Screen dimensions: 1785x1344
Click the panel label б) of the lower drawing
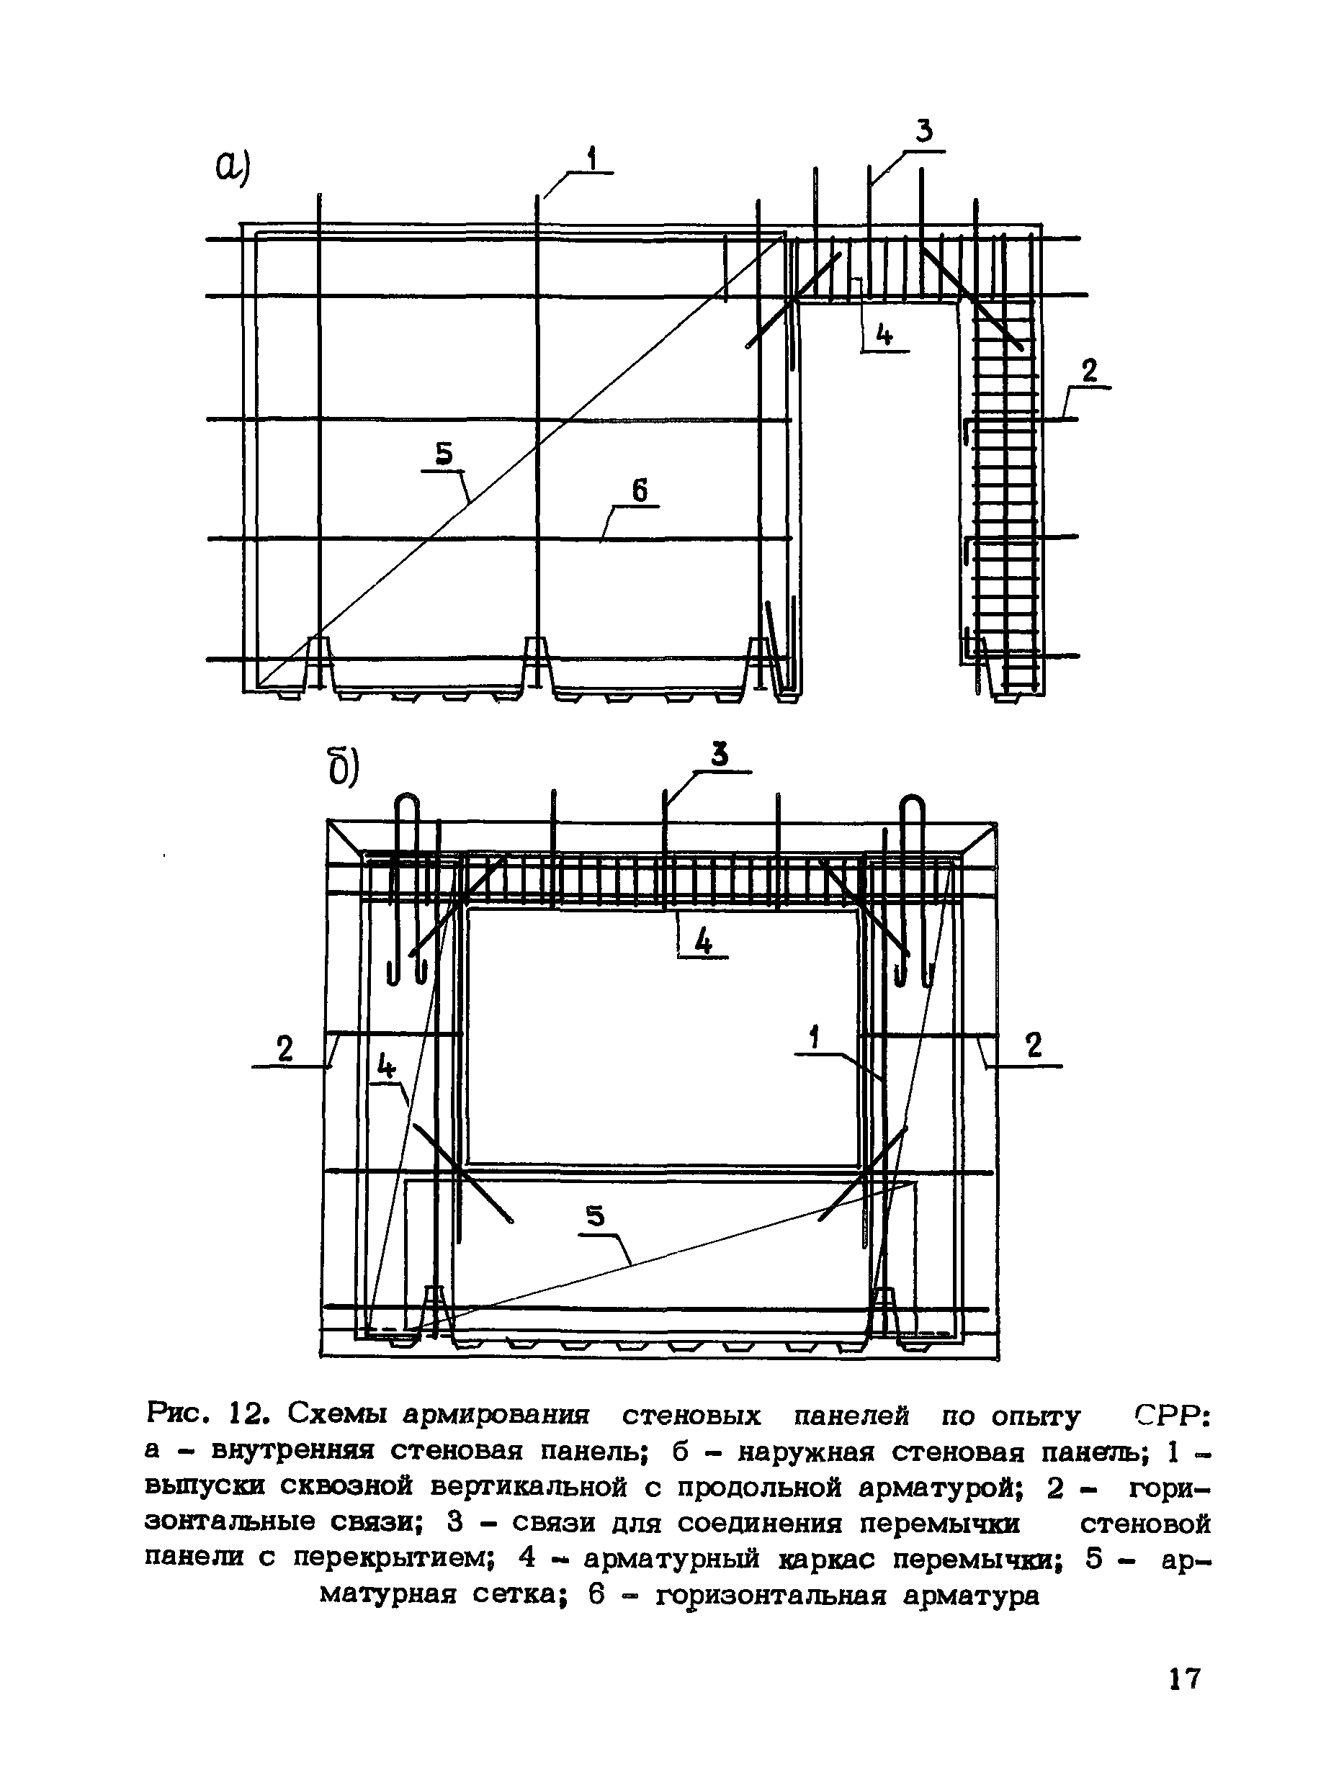point(342,768)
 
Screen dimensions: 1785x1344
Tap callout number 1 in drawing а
point(593,158)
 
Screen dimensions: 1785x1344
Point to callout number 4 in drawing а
point(884,334)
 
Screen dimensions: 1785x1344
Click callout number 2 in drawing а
point(1089,372)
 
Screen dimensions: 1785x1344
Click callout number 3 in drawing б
point(720,755)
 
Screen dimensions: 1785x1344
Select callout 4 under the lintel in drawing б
point(704,941)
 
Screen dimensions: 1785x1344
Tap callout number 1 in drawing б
point(815,1038)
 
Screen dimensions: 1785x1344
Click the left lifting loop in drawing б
point(407,888)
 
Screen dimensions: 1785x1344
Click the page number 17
point(1185,1678)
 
